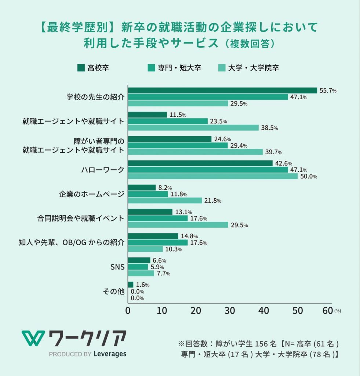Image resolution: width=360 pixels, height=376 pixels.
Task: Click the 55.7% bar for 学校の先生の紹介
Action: (x=222, y=90)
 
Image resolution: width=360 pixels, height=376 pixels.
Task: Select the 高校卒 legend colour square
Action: (x=81, y=68)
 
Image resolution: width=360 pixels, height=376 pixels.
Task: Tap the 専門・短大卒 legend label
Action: (x=179, y=68)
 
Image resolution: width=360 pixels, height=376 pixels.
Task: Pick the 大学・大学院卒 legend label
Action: (x=253, y=68)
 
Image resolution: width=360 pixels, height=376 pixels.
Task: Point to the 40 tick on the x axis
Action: (x=264, y=310)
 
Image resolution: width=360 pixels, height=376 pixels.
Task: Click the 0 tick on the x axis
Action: (x=128, y=310)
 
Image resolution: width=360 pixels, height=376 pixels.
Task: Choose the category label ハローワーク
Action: (x=103, y=170)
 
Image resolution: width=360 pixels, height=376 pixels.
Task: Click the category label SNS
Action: (x=117, y=267)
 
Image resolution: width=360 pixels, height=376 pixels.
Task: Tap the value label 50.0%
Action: (x=308, y=176)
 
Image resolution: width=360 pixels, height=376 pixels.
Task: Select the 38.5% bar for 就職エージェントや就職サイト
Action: (x=193, y=128)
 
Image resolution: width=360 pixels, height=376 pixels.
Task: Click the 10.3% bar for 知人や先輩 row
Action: (x=145, y=249)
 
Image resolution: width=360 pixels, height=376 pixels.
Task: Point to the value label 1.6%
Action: (x=142, y=285)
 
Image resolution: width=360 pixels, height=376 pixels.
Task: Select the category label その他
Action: (x=114, y=292)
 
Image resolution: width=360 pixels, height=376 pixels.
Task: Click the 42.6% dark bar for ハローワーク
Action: (x=200, y=163)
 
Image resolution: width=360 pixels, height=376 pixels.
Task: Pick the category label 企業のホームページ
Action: (x=92, y=194)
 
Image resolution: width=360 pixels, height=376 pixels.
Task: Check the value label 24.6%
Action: (x=222, y=139)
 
